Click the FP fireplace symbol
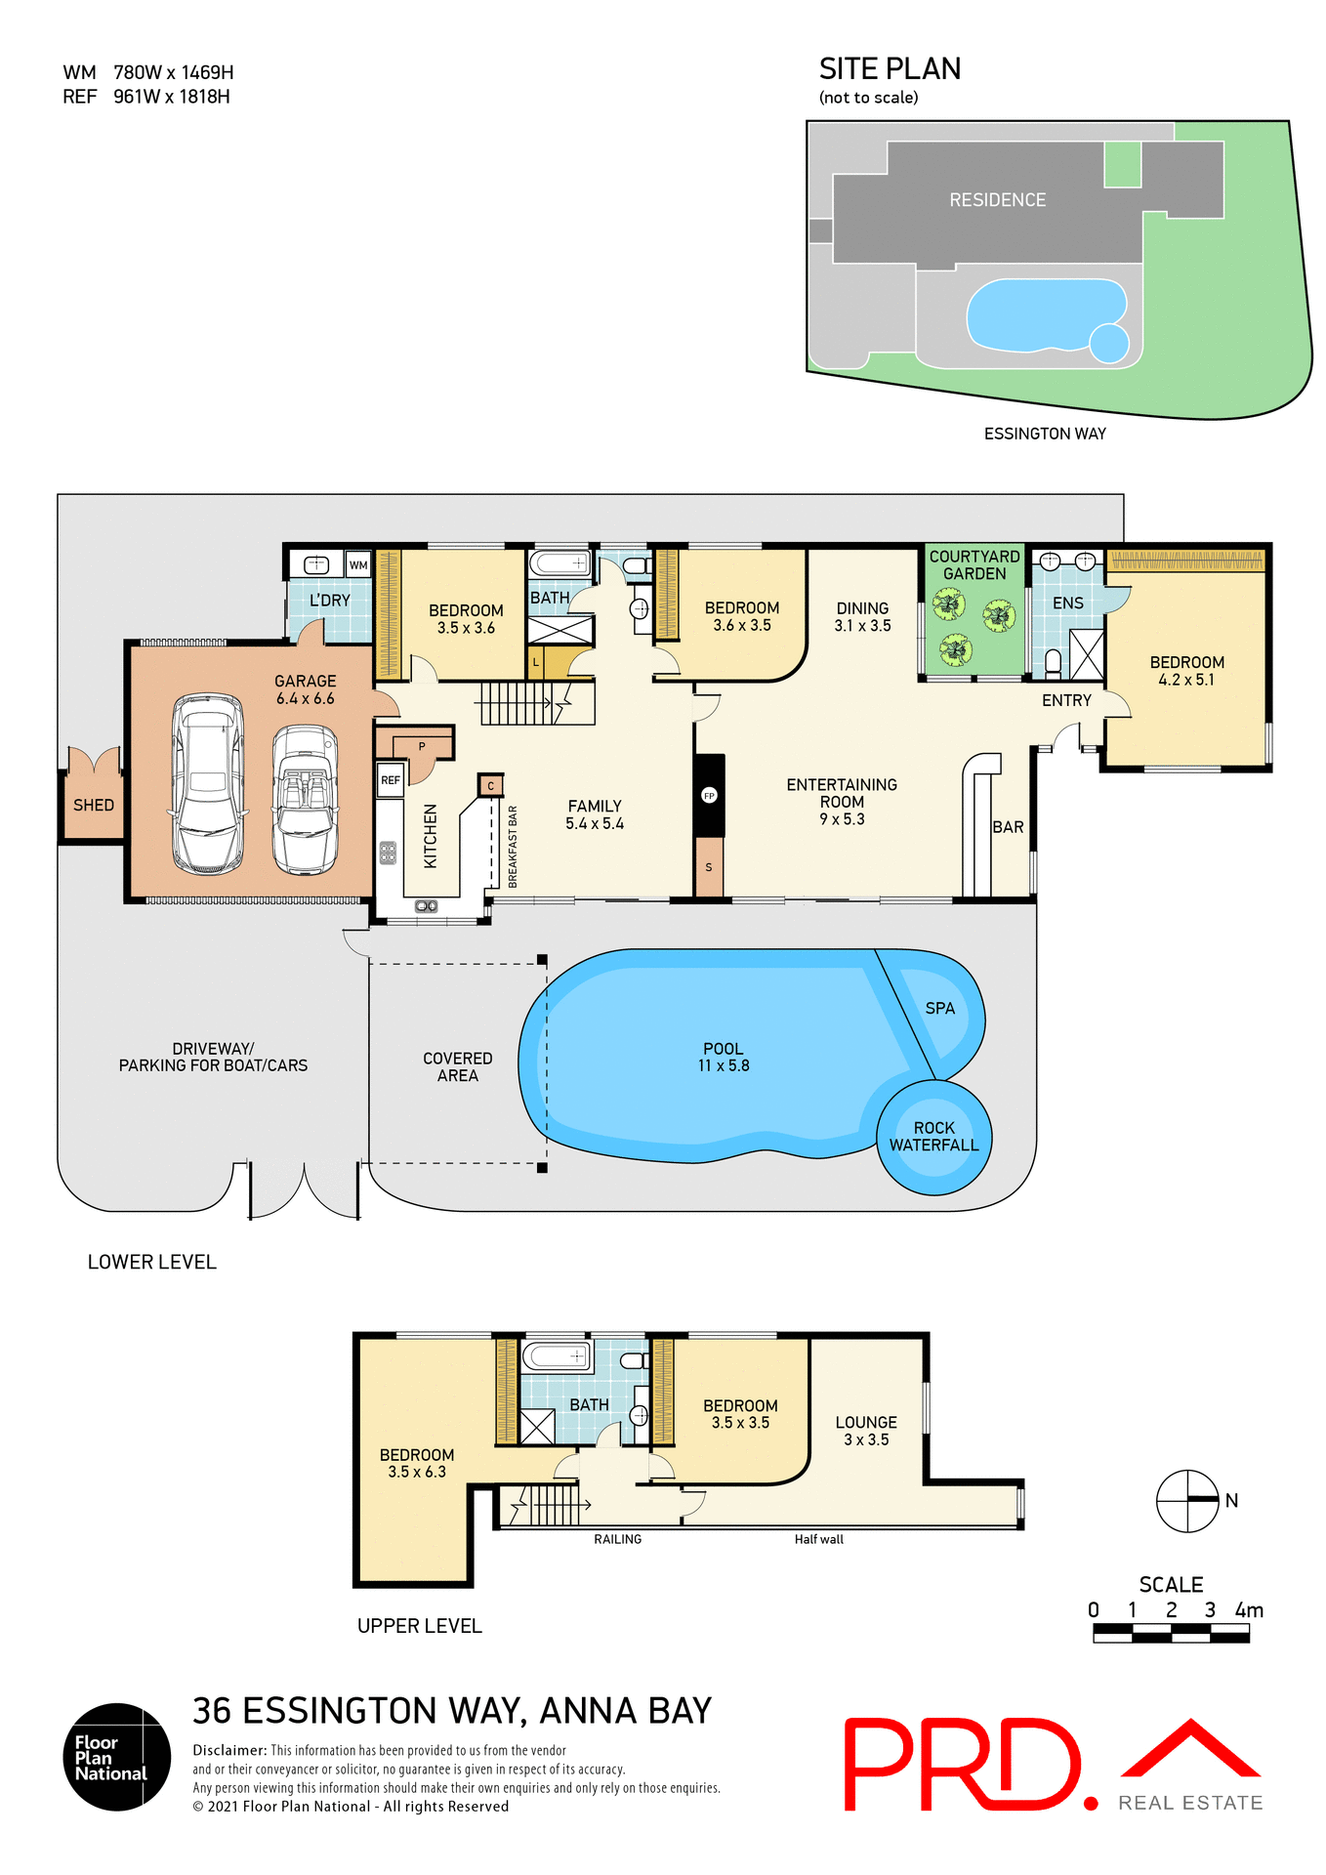(709, 795)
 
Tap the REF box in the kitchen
(390, 779)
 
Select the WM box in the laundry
(358, 564)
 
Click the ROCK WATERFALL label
(933, 1136)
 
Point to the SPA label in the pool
(939, 1008)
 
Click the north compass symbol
(1187, 1501)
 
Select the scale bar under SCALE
(1171, 1633)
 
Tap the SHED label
(94, 805)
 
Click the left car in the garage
(207, 783)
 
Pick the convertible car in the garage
(305, 799)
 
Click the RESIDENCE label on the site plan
(997, 200)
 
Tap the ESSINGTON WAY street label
(1044, 434)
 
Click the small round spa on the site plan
(1108, 343)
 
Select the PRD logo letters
(963, 1764)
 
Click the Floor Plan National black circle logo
(117, 1757)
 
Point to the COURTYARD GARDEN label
(974, 564)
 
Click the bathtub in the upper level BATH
(557, 1356)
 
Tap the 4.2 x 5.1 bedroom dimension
(1186, 680)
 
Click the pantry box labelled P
(421, 747)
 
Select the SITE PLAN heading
(889, 69)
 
